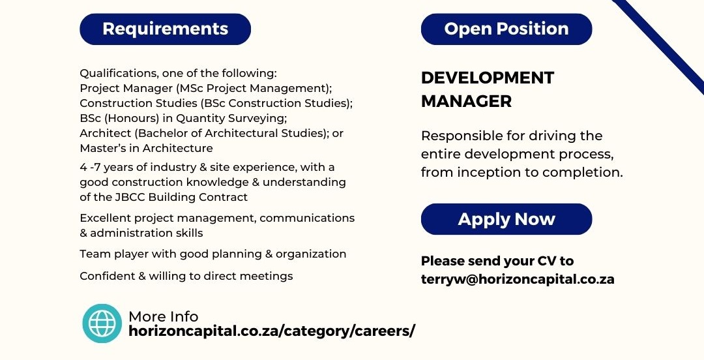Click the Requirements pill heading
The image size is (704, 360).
point(165,29)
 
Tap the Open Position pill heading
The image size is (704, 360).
point(506,29)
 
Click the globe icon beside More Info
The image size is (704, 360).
point(102,323)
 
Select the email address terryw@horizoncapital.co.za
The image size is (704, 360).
point(518,279)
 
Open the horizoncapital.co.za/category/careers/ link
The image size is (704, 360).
point(272,332)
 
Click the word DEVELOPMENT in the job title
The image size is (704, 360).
point(488,78)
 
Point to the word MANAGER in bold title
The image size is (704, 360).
point(467,102)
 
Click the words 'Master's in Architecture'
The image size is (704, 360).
point(147,148)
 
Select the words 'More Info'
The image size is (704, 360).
point(164,317)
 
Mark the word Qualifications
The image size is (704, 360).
point(119,73)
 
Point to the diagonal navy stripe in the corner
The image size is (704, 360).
point(658,46)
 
